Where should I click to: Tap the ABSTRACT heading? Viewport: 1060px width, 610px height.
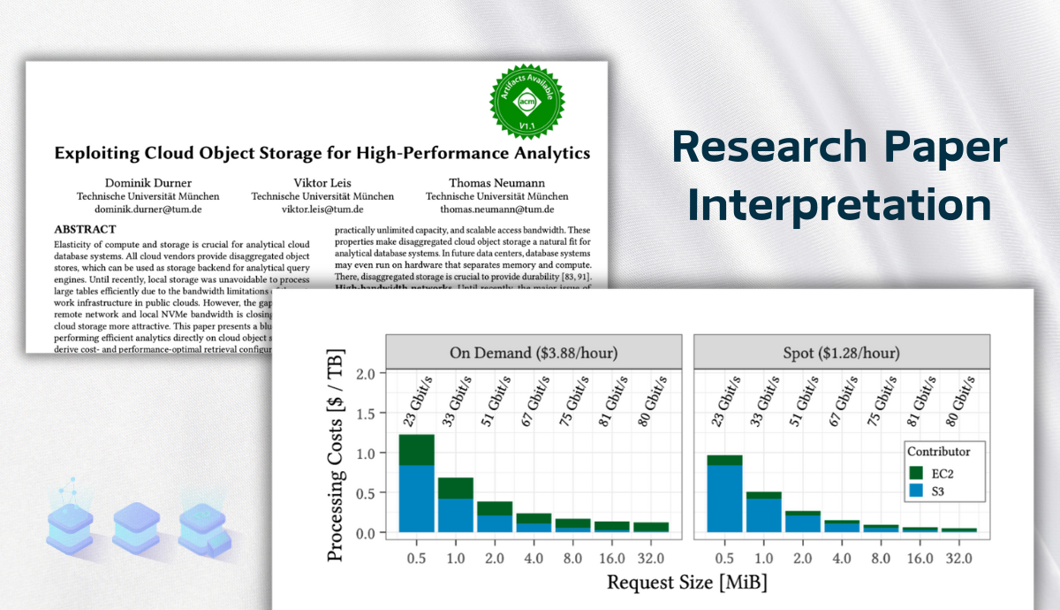coord(85,229)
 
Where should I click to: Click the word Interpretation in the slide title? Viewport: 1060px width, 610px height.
coord(839,205)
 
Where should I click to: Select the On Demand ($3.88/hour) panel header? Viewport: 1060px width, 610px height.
coord(533,352)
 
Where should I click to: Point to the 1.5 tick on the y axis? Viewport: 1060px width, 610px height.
coord(365,414)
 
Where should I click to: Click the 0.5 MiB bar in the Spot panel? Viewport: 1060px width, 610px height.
coord(724,495)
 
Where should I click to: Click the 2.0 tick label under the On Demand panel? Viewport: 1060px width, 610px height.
coord(494,558)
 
